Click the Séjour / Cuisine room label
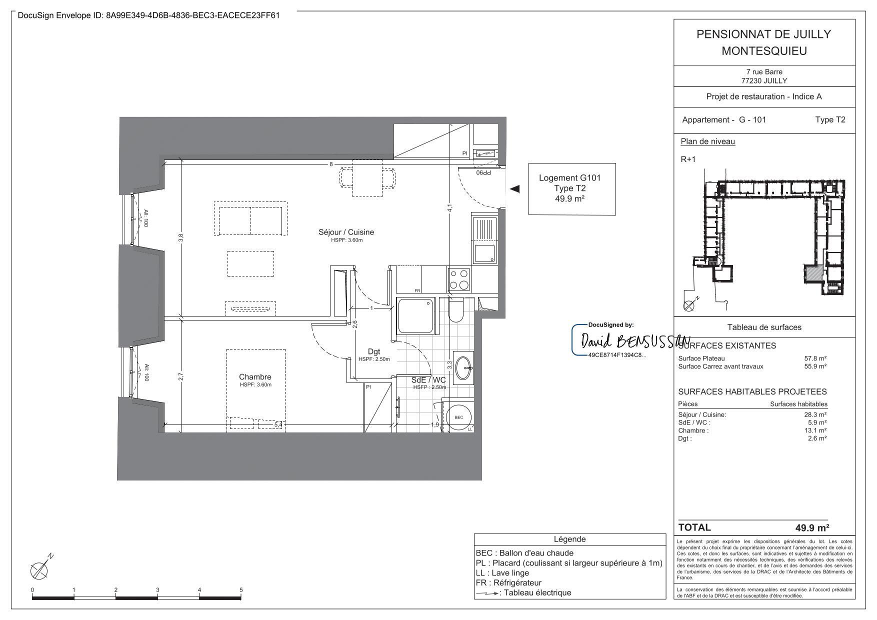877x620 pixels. click(346, 232)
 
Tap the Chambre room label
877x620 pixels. click(255, 377)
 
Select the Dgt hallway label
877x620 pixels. click(373, 352)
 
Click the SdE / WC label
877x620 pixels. click(428, 380)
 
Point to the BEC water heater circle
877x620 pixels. click(458, 417)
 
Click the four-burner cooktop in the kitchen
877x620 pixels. click(458, 279)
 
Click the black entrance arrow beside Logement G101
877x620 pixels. click(514, 189)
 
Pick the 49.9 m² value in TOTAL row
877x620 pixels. click(812, 527)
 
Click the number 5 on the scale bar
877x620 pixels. click(241, 590)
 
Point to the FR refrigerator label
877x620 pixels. click(417, 290)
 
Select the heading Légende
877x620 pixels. click(569, 539)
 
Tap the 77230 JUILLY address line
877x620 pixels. click(763, 80)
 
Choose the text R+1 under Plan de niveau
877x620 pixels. click(688, 159)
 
